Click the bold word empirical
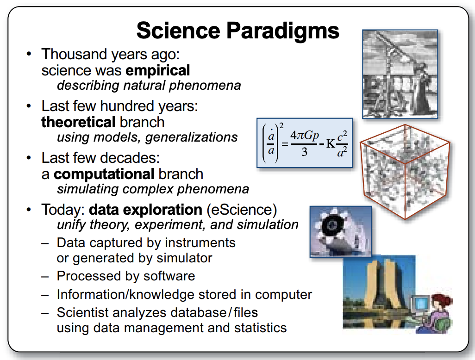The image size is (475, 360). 158,71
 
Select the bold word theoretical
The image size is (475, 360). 78,122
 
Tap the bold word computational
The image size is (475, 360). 104,174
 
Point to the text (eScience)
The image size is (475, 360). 242,210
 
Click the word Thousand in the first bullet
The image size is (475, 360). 74,54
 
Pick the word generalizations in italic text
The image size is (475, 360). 192,137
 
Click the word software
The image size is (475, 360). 169,276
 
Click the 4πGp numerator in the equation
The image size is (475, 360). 305,135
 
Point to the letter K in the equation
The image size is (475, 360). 331,143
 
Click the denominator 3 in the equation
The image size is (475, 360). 305,151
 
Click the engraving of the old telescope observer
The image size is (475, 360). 400,74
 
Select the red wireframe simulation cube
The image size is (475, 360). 405,172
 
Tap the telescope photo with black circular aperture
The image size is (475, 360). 340,232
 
